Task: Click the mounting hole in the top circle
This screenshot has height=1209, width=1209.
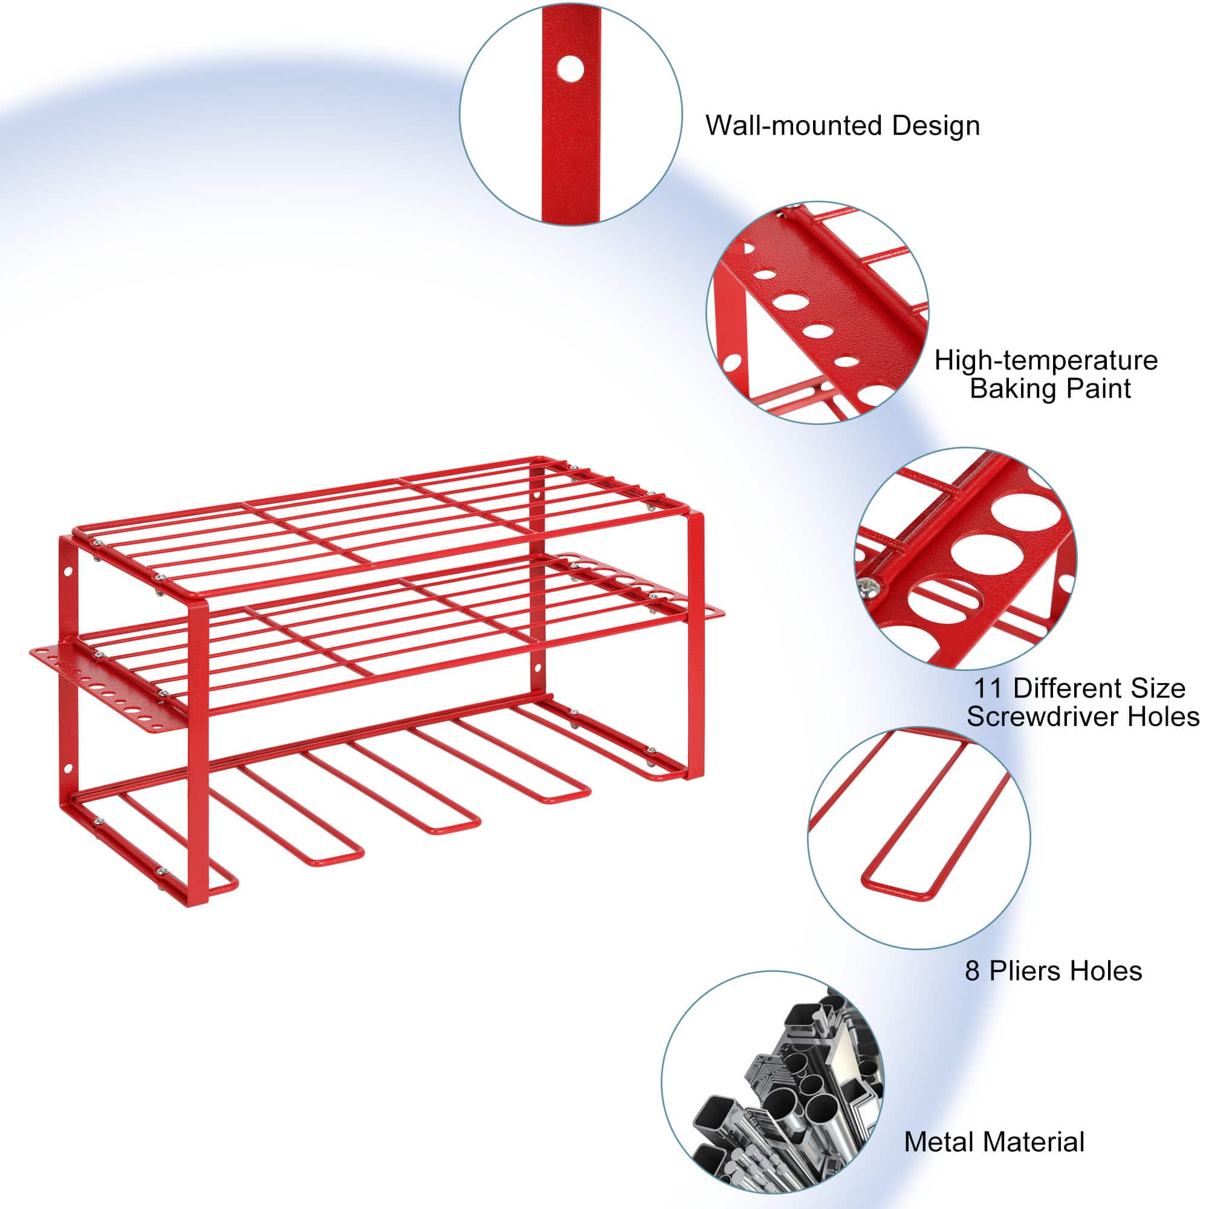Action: point(569,69)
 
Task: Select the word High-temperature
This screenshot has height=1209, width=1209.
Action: point(1046,361)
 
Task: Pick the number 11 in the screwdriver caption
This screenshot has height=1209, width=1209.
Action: point(988,689)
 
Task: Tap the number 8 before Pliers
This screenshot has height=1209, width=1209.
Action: point(972,971)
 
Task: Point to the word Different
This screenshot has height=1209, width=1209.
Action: point(1066,689)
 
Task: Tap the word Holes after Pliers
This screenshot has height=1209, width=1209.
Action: point(1106,971)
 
